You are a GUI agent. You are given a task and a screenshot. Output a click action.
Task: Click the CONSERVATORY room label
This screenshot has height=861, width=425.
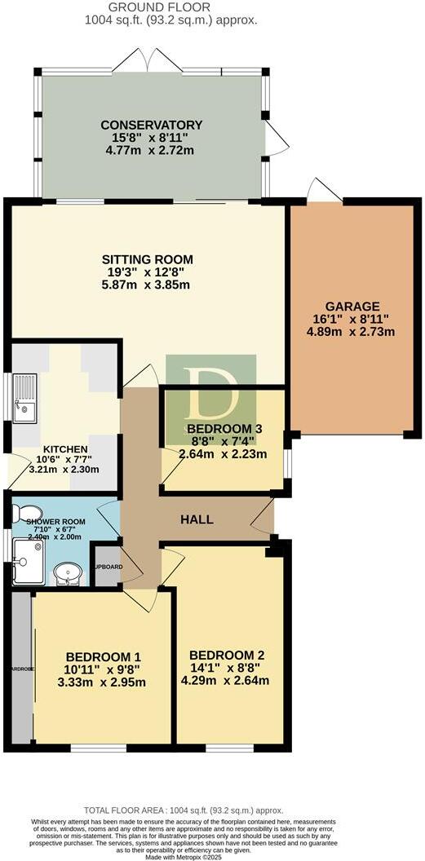152,125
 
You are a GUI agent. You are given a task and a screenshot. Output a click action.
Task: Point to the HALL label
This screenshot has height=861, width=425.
197,519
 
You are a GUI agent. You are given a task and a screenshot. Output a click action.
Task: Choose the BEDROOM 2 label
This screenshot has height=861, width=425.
226,655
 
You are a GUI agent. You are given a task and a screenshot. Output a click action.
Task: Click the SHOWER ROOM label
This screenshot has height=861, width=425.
55,521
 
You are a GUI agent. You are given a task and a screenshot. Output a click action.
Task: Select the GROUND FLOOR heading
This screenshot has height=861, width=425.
170,7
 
